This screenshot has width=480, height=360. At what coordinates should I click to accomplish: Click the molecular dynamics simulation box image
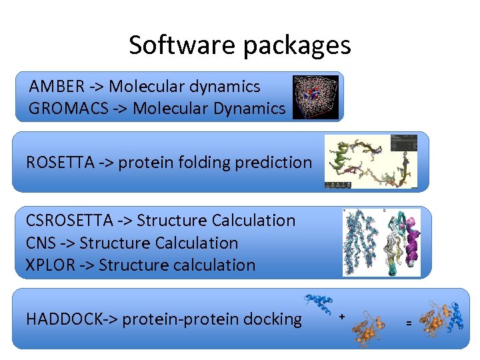click(x=315, y=97)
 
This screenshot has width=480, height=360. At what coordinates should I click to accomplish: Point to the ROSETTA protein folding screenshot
click(x=371, y=161)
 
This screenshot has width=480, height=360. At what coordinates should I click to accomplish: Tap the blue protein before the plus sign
click(x=319, y=305)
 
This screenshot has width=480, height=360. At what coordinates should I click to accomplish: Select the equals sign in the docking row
click(x=408, y=323)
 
